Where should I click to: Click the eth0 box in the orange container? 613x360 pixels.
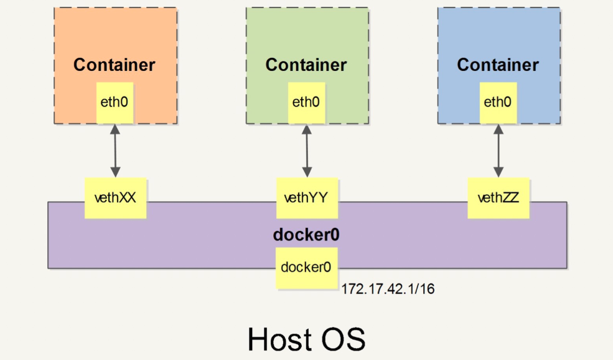point(115,102)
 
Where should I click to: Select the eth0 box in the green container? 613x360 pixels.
point(306,102)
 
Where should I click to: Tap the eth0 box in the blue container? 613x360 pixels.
point(498,102)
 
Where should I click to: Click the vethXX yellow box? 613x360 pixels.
point(115,198)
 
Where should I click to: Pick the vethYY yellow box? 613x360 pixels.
point(306,198)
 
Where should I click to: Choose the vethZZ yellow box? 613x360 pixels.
point(498,198)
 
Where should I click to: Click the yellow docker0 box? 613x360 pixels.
point(306,268)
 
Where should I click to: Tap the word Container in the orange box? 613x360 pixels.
point(115,65)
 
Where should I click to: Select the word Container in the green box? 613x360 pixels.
point(306,65)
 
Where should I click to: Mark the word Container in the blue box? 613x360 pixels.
point(498,65)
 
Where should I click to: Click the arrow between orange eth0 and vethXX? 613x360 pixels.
point(115,150)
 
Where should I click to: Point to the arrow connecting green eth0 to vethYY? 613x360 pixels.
point(306,150)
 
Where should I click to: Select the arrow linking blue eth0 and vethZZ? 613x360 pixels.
point(498,150)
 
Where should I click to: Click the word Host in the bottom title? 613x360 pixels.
point(278,339)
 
